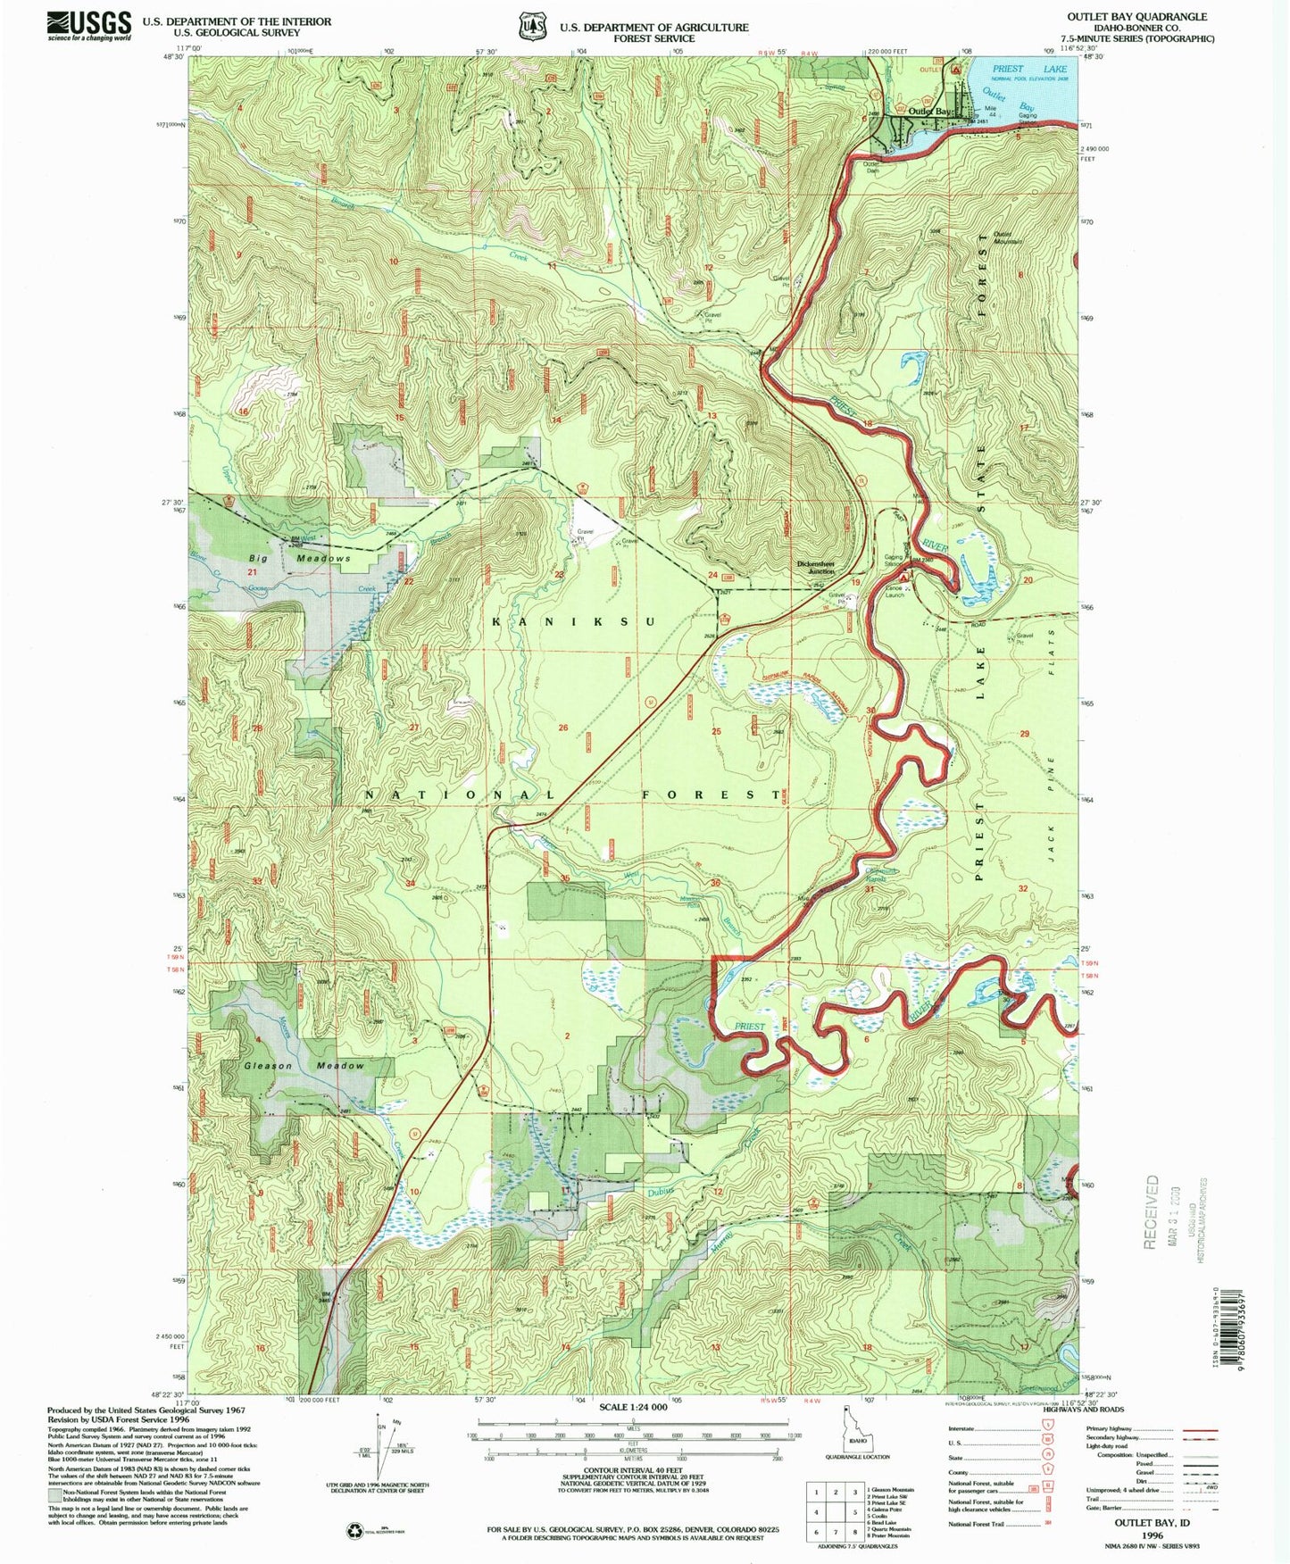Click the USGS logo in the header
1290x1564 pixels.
(89, 25)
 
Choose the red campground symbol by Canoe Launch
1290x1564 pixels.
(903, 578)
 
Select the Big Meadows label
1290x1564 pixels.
(298, 558)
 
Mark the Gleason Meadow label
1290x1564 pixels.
(304, 1066)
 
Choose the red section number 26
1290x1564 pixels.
(563, 728)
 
